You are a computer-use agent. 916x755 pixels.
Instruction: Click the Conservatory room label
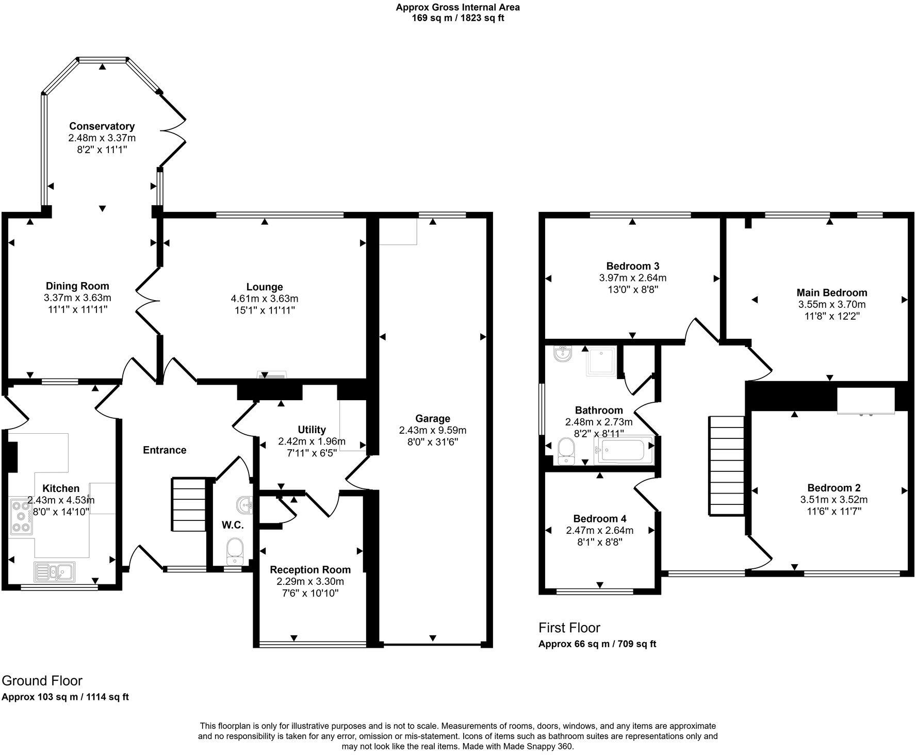point(102,126)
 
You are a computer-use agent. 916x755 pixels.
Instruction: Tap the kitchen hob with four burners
point(21,516)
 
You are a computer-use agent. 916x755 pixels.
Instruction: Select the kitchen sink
point(55,571)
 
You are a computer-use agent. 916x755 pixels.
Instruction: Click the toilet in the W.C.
point(235,550)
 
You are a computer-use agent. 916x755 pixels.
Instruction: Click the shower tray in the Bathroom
point(601,362)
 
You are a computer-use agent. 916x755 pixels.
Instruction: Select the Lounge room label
point(264,287)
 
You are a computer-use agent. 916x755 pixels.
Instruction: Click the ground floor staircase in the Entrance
point(188,504)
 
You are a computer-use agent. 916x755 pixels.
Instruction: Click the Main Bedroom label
point(831,293)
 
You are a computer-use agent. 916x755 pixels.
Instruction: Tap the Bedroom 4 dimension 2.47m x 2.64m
point(599,530)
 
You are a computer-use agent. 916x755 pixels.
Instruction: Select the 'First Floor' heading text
point(569,628)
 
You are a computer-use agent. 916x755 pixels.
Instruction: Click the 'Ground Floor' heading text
point(42,681)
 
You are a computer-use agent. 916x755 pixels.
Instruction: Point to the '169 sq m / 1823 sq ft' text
point(457,18)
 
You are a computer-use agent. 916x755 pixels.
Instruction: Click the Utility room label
point(312,430)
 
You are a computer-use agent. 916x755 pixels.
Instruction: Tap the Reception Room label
point(310,570)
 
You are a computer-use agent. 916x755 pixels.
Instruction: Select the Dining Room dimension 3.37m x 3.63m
point(77,298)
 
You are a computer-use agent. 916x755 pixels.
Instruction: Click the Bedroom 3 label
point(632,267)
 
